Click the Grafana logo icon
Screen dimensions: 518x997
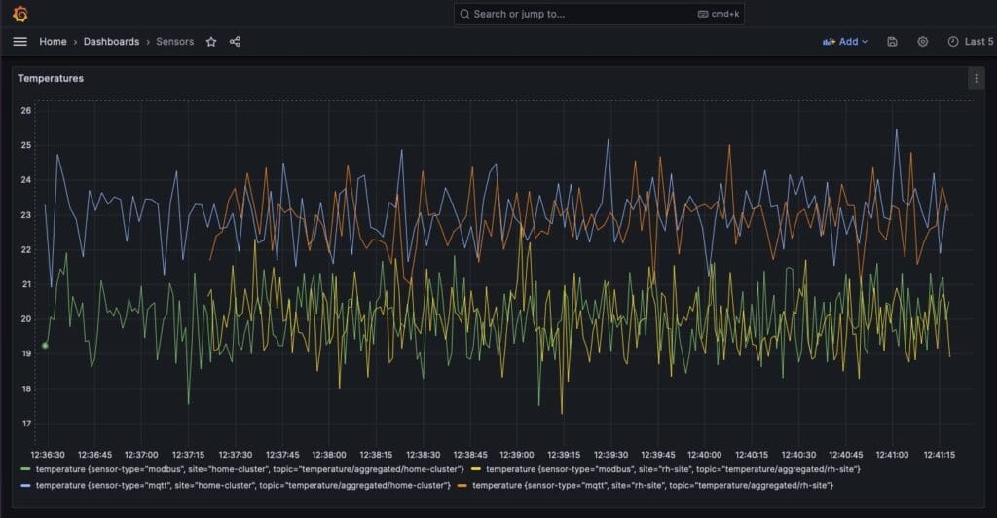pos(19,14)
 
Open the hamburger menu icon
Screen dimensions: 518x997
pos(19,42)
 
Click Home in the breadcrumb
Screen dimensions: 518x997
pos(53,42)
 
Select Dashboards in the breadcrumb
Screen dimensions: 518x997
pos(111,42)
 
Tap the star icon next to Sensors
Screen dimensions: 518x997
pos(211,42)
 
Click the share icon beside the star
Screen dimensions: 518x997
pos(235,42)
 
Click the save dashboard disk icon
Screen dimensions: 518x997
pos(892,42)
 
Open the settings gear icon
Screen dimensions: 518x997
pos(922,42)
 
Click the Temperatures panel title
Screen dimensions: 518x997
pos(51,78)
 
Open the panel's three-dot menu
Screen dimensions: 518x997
pos(976,79)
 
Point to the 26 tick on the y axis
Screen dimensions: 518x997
pos(26,110)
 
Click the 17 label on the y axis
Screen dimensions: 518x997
pos(26,424)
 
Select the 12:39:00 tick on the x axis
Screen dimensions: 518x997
pos(516,455)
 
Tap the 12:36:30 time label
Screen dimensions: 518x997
pos(48,455)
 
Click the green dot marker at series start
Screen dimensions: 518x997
pos(45,345)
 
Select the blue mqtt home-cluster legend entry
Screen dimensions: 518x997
pos(242,484)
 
